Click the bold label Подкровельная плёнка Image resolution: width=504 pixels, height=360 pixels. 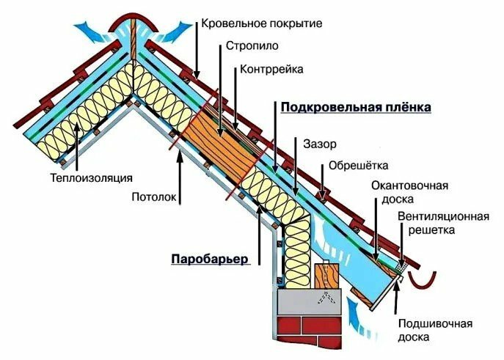(x=356, y=107)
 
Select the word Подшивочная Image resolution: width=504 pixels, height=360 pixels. (x=435, y=323)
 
